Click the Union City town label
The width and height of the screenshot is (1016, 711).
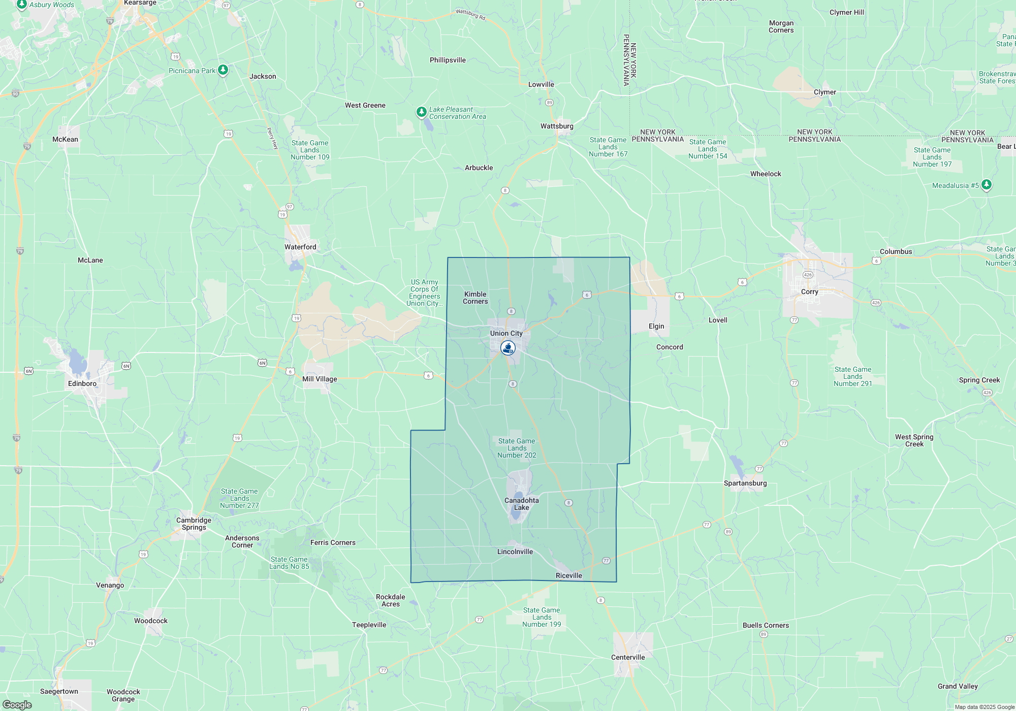(506, 333)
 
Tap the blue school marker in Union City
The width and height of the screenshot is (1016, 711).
(507, 348)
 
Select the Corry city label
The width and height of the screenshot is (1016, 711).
(809, 292)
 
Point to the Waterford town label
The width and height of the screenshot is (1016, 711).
(300, 247)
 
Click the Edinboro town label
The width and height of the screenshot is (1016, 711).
(82, 383)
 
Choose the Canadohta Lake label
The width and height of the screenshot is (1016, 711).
(521, 504)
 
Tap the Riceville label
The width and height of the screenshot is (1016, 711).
(568, 575)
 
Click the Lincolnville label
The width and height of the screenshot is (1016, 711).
(515, 552)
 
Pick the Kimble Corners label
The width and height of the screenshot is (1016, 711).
(475, 298)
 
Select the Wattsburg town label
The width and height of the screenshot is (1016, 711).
(557, 126)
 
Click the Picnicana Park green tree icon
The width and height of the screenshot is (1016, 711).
(223, 70)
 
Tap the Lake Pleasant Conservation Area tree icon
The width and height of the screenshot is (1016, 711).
(421, 112)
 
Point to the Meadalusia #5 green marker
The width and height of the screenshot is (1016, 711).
(986, 185)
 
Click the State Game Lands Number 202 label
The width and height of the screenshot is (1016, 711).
(517, 448)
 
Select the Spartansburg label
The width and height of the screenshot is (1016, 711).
(745, 483)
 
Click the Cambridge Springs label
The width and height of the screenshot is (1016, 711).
(194, 524)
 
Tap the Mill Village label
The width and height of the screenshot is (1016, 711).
(320, 379)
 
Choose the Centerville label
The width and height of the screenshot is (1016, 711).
(628, 657)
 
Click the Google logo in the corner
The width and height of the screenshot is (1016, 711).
(17, 704)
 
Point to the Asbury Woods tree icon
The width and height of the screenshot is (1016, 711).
(21, 5)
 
